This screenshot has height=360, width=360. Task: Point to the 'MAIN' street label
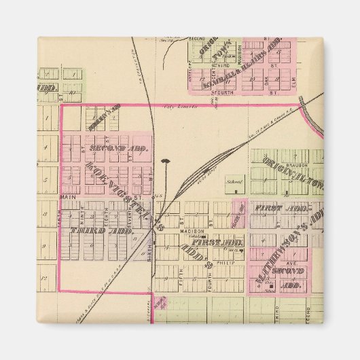[68, 198]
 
